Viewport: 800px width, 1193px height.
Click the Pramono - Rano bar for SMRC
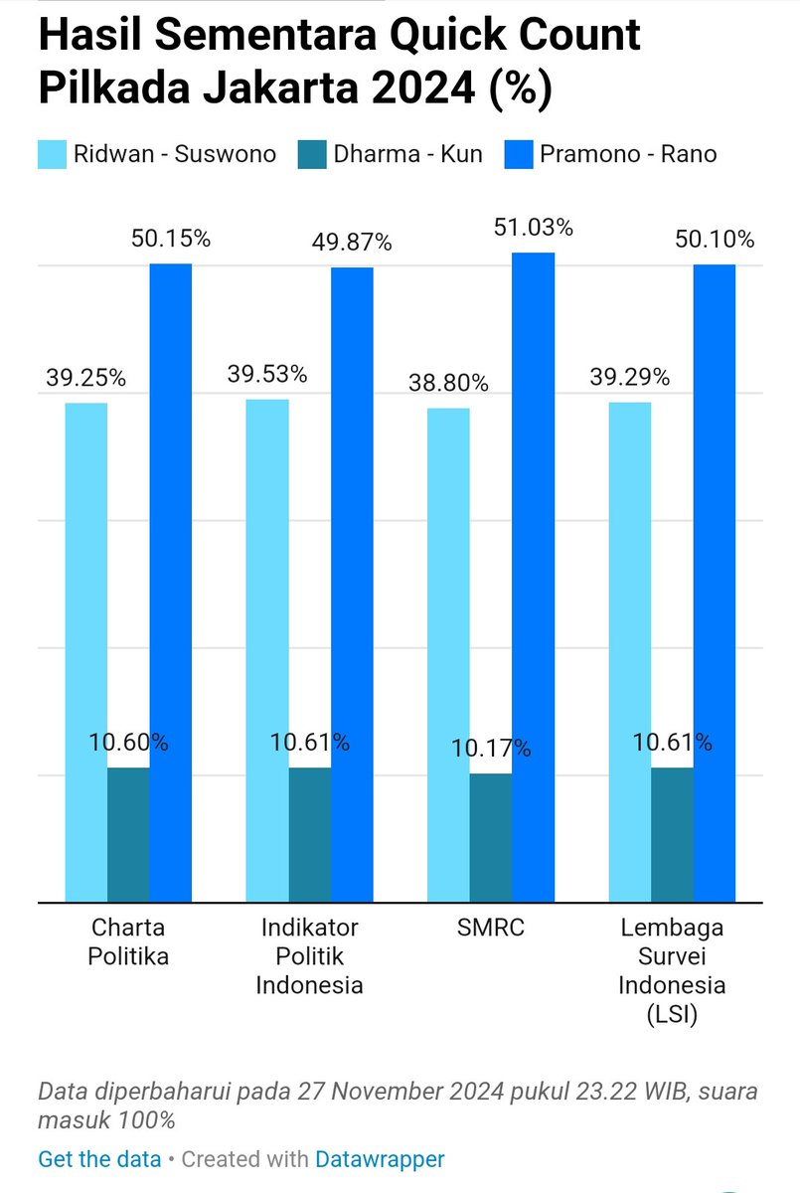533,577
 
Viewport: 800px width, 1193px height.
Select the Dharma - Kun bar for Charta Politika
128,835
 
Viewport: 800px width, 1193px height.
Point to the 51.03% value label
534,228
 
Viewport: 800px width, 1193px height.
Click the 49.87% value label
352,243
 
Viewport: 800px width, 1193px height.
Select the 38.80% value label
448,383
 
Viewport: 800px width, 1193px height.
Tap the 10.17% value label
491,748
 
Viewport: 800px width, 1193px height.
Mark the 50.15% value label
171,239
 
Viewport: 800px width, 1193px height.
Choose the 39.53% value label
267,375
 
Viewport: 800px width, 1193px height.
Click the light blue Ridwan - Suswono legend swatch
52,154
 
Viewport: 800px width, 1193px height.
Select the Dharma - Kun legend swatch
311,154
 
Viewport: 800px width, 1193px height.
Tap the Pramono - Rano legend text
628,154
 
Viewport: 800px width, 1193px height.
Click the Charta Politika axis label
128,941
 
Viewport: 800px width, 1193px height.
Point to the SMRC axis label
491,928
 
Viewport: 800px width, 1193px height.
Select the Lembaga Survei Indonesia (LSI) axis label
672,970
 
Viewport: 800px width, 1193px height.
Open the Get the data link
99,1159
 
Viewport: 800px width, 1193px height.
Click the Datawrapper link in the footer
380,1159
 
